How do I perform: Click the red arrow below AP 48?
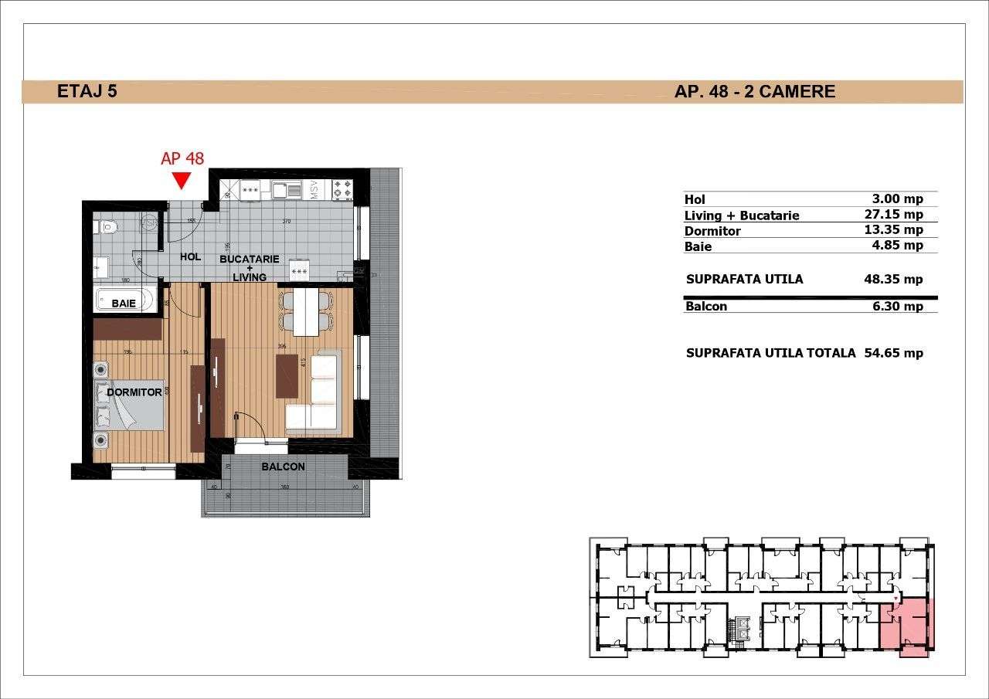[x=182, y=181]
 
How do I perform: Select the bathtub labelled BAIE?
[x=124, y=300]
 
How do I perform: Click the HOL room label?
[x=190, y=257]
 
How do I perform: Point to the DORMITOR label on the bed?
[x=134, y=392]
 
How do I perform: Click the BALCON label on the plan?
[x=283, y=467]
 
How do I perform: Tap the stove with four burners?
[x=342, y=189]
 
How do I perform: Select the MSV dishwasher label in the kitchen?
[x=315, y=190]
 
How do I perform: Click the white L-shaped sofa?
[x=315, y=394]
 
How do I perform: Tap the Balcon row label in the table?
[x=705, y=306]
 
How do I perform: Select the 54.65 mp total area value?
[x=894, y=353]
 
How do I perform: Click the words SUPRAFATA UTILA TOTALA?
[x=770, y=353]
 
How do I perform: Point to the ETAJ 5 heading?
[x=87, y=91]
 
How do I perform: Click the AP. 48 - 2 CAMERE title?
[x=754, y=91]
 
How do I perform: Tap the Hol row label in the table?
[x=695, y=199]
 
